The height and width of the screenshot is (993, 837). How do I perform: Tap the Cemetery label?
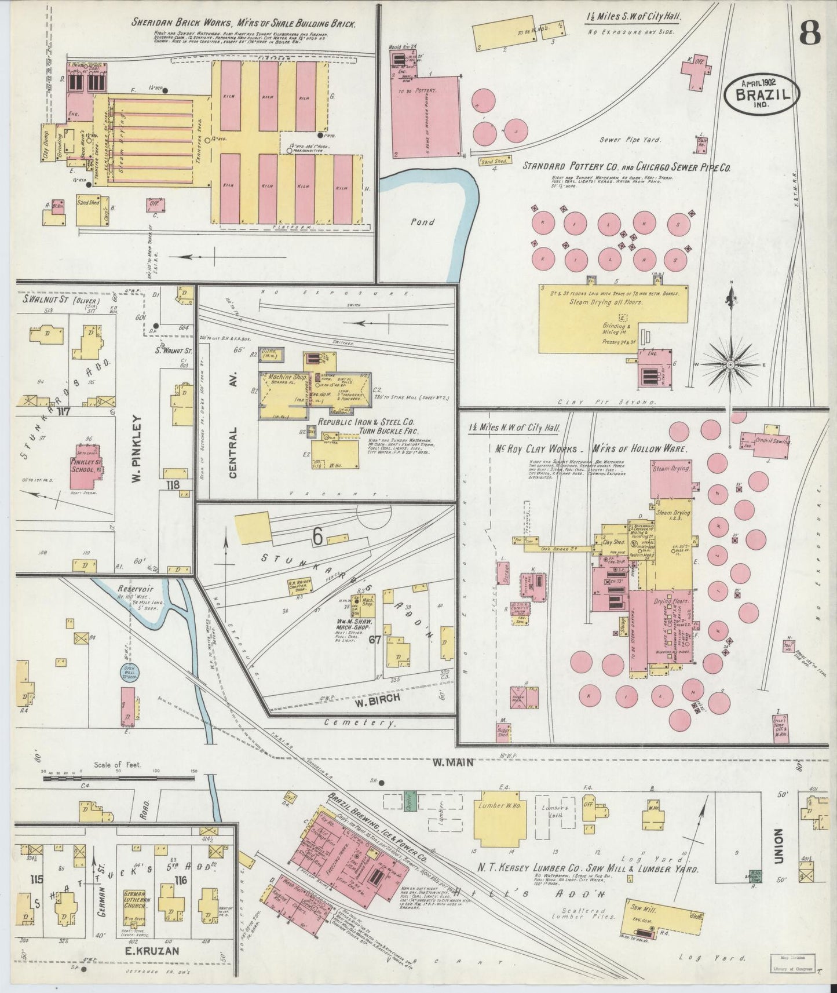pos(359,723)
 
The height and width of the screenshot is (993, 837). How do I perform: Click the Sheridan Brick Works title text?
pos(243,24)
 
